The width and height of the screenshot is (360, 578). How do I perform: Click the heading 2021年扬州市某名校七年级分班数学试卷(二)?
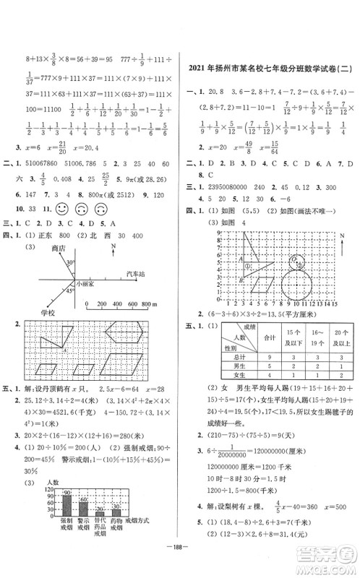270,69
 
